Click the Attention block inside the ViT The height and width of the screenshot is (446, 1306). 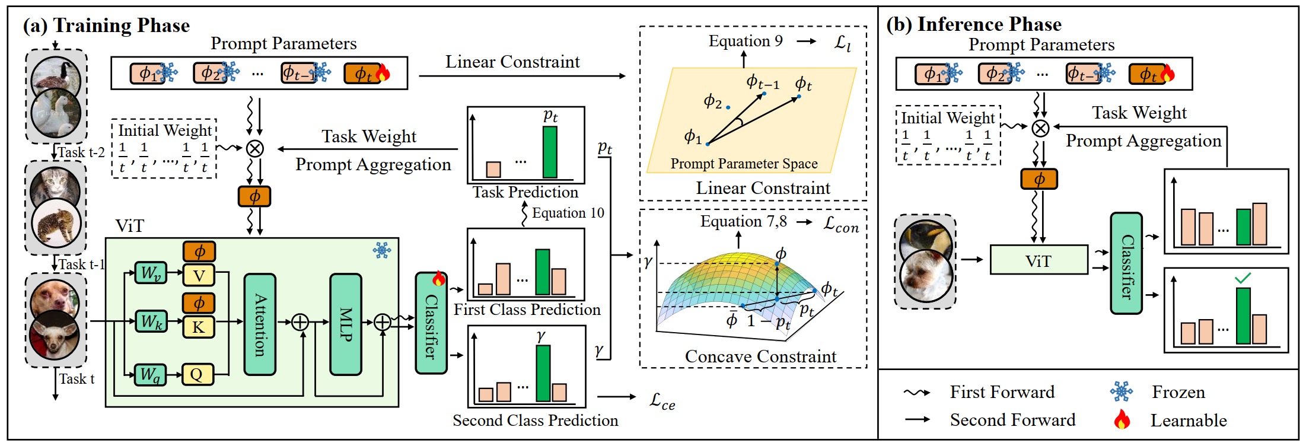(x=260, y=324)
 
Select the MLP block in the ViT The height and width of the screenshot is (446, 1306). (x=346, y=324)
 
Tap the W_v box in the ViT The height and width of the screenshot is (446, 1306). (x=151, y=273)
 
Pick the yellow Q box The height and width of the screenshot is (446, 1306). (x=198, y=375)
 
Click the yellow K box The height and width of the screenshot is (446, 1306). (x=198, y=327)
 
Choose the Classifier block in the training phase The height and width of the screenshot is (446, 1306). (x=431, y=323)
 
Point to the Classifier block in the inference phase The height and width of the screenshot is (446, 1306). (x=1126, y=263)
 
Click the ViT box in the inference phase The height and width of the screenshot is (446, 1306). (x=1039, y=260)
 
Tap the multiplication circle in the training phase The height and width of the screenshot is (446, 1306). (x=255, y=148)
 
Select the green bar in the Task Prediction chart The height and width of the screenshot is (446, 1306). (x=550, y=152)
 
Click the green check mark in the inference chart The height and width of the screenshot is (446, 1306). (x=1243, y=277)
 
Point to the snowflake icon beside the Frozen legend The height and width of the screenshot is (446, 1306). (x=1121, y=391)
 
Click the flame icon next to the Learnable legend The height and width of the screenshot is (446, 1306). (x=1122, y=419)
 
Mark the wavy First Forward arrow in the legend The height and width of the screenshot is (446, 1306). (x=917, y=393)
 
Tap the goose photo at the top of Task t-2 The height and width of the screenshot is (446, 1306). (x=56, y=78)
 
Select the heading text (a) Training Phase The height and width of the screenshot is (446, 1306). (x=106, y=26)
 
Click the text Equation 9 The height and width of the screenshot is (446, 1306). (x=746, y=41)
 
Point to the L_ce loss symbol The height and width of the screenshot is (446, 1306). (x=662, y=401)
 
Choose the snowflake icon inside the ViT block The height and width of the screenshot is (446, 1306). (x=382, y=250)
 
